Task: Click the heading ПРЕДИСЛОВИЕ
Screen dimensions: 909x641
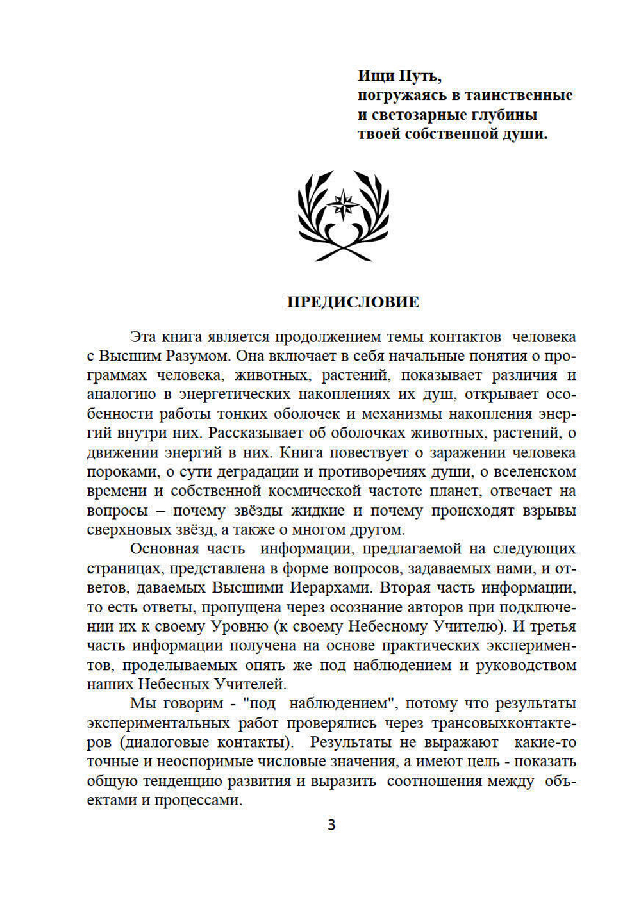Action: [353, 302]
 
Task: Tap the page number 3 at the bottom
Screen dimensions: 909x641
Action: [331, 825]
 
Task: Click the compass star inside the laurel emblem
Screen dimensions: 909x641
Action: [344, 204]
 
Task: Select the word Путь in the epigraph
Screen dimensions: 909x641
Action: [420, 76]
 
